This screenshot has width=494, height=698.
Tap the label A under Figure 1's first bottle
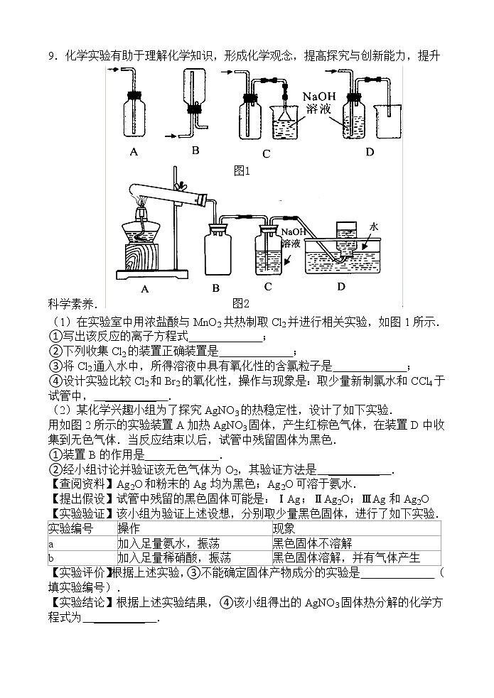[134, 151]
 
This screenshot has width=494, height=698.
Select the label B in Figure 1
[195, 150]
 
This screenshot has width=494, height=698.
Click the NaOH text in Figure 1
[318, 97]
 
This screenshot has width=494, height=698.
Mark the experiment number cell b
[51, 557]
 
